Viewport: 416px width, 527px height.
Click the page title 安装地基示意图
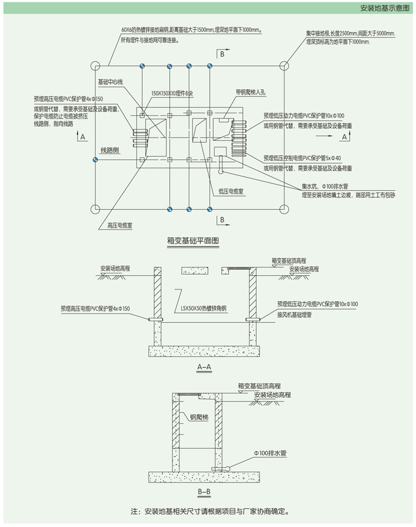point(384,8)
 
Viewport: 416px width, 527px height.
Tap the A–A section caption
point(205,367)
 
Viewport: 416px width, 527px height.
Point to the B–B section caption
point(205,491)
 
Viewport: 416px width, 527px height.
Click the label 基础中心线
point(110,82)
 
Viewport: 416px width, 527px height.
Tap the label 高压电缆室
point(119,225)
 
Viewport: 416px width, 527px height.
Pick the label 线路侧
point(110,150)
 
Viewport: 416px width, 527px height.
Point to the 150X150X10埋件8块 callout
point(173,94)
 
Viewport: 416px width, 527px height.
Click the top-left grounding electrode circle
point(95,65)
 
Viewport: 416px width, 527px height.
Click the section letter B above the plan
point(222,54)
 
